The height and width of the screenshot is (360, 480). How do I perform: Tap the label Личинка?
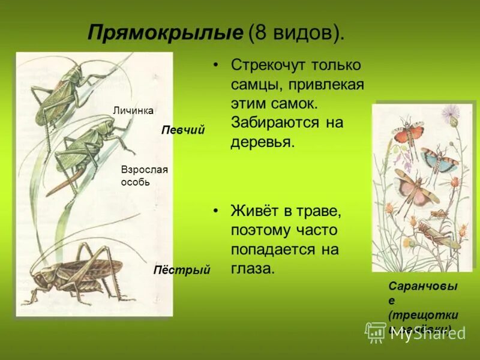133,110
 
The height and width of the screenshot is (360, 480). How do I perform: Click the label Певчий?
183,130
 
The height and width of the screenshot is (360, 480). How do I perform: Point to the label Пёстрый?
182,271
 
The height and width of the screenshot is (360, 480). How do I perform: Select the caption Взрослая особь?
144,176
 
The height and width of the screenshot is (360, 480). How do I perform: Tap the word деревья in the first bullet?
262,143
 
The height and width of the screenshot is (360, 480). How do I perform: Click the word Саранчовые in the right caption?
422,293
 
